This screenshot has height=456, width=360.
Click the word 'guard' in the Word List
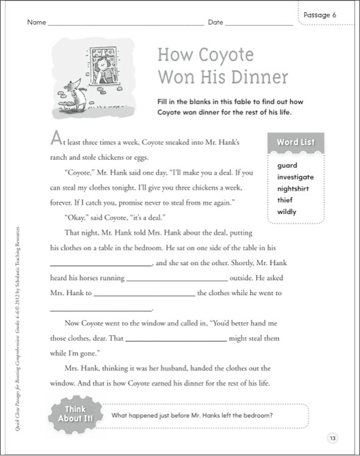coord(287,165)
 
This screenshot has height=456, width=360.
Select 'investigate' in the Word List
coord(295,177)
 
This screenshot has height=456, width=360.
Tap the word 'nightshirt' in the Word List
coord(293,189)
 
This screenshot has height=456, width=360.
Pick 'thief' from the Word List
coord(285,200)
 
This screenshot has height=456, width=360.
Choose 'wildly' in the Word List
coord(287,212)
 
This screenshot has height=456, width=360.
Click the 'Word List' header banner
coord(295,143)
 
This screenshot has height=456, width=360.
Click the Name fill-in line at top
coord(126,23)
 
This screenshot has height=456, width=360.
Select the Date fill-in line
coord(259,23)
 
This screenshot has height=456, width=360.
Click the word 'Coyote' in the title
coord(222,54)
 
